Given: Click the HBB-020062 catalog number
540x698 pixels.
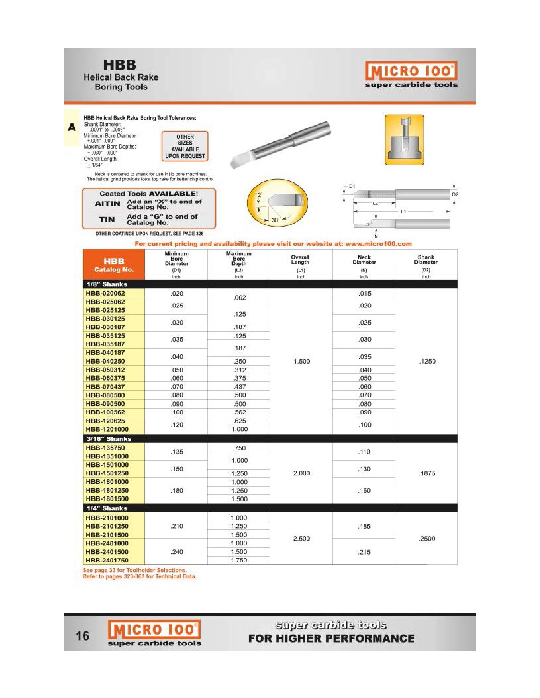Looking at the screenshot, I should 105,293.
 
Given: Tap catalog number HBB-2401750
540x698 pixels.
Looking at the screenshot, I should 107,560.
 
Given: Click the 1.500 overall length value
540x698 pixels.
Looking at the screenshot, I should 302,361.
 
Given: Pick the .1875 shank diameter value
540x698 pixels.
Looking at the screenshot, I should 427,473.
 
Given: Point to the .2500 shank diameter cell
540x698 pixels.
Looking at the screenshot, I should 427,539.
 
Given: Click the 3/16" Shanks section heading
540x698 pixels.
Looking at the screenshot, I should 109,439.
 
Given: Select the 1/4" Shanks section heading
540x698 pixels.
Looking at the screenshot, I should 107,508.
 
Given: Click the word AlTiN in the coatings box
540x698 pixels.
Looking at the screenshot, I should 107,204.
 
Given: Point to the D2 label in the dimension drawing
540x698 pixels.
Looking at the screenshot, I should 455,194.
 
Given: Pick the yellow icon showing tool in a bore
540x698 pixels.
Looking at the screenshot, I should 404,140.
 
